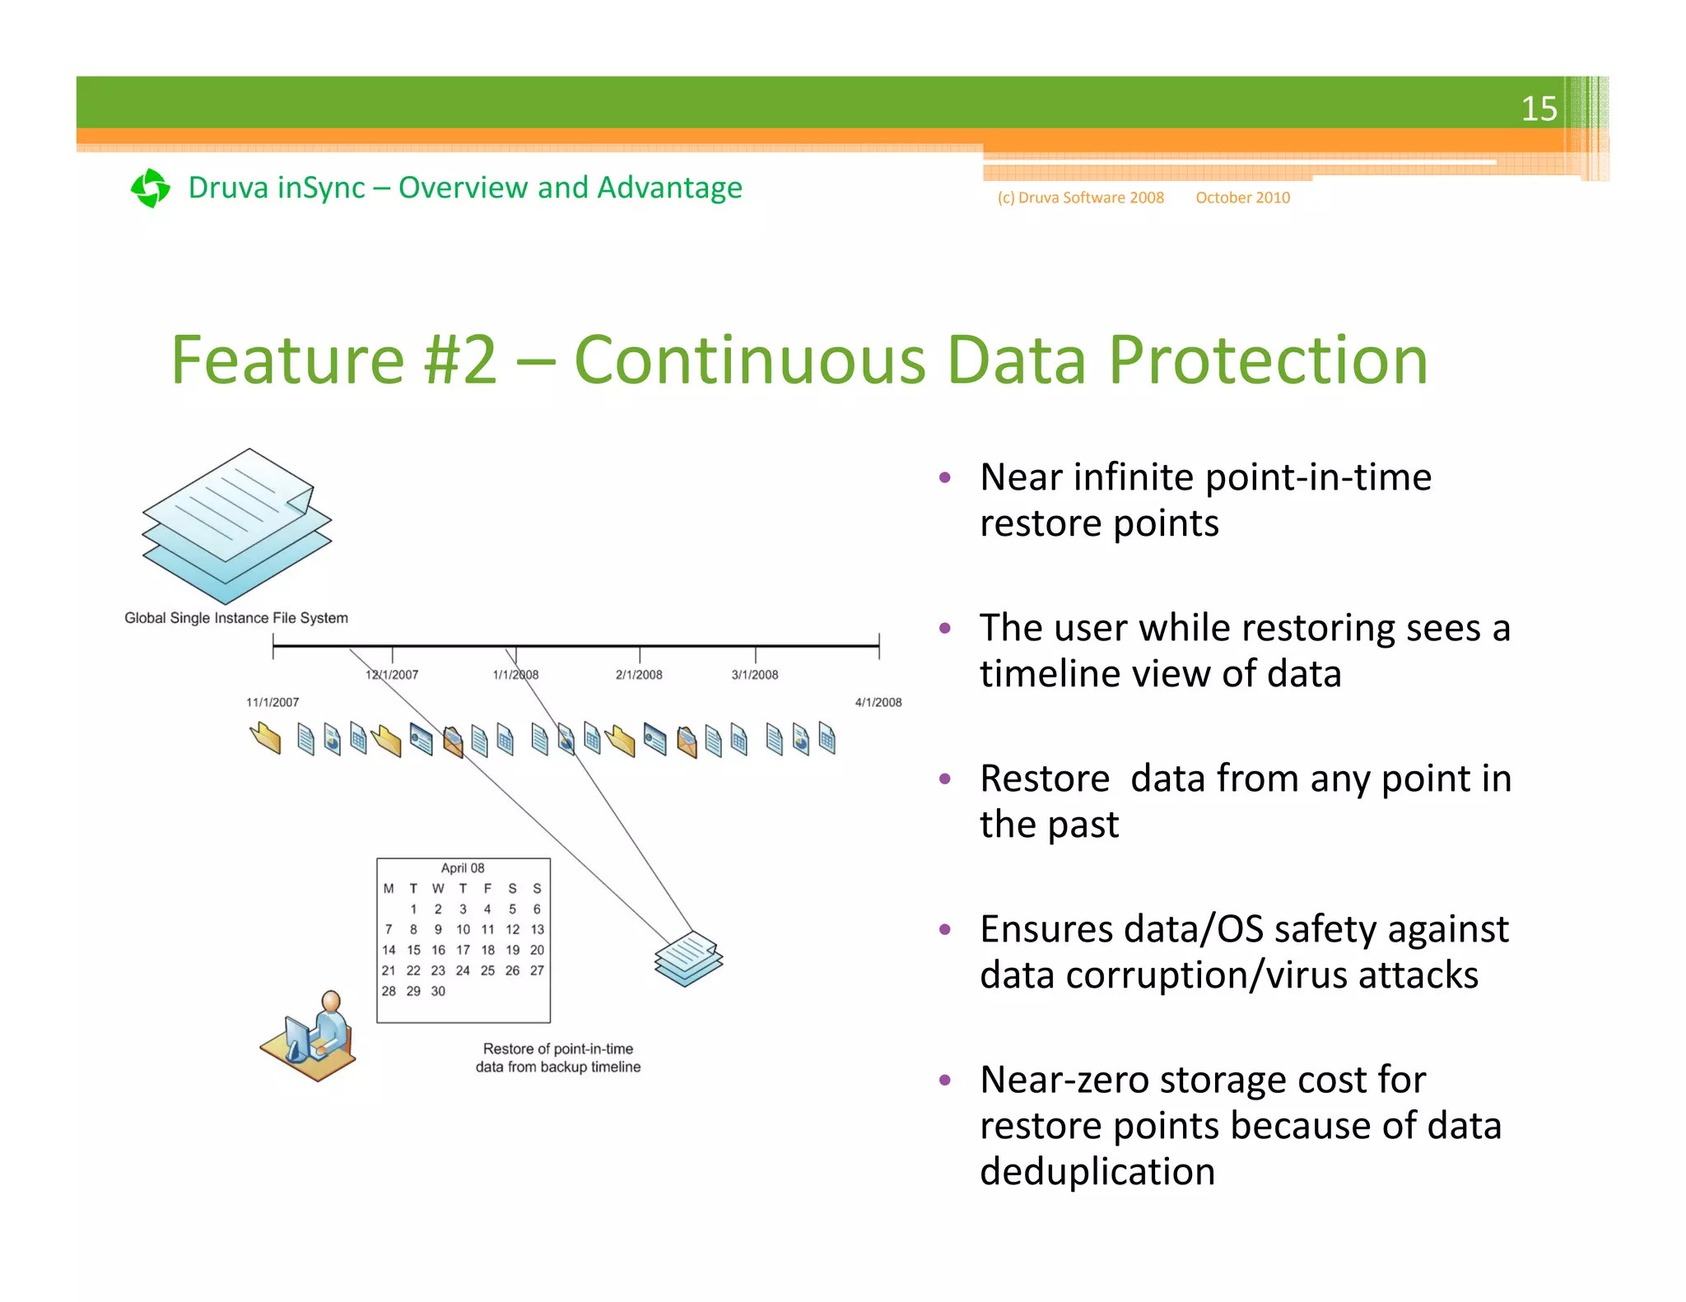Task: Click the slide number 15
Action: [1538, 109]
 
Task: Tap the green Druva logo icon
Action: [151, 188]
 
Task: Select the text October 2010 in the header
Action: [1242, 198]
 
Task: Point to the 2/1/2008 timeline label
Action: [639, 675]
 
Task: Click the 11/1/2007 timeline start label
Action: [272, 702]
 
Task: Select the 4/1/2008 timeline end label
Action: [878, 702]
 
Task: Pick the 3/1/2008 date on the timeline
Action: [754, 675]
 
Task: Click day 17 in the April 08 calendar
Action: [463, 950]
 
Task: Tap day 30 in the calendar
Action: [438, 991]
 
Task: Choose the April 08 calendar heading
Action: [463, 868]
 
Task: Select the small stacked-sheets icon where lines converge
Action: [688, 958]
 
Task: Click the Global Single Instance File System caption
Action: [236, 618]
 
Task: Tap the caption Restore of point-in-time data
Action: [558, 1058]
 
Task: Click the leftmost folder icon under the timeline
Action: [265, 737]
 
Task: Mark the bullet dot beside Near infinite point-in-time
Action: [945, 477]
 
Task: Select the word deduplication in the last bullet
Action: [1097, 1171]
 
